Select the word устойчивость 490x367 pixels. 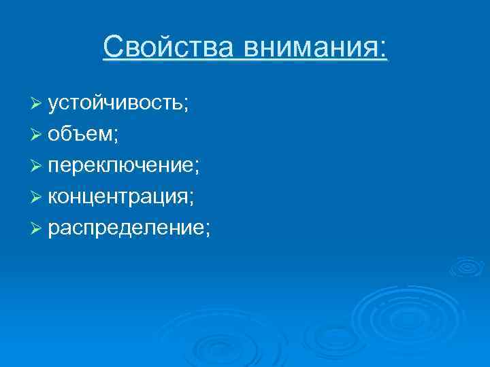coord(116,103)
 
